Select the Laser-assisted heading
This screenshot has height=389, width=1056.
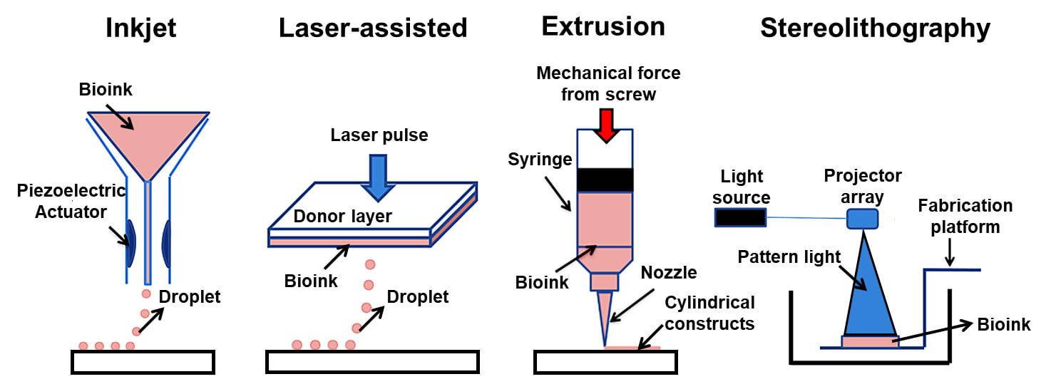tap(373, 28)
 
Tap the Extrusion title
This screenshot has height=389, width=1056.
tap(603, 27)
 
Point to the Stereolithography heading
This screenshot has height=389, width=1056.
tap(875, 28)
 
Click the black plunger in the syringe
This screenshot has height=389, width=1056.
tap(605, 179)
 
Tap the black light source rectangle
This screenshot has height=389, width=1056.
tap(741, 217)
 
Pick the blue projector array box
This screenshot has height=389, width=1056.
tap(862, 219)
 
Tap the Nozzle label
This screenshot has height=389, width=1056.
tap(668, 272)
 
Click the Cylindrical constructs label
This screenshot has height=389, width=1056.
tap(709, 313)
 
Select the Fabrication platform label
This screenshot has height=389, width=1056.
tap(965, 217)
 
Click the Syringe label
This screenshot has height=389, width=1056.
tap(540, 160)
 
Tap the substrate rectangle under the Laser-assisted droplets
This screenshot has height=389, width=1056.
tap(371, 362)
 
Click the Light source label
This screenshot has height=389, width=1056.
tap(741, 187)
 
